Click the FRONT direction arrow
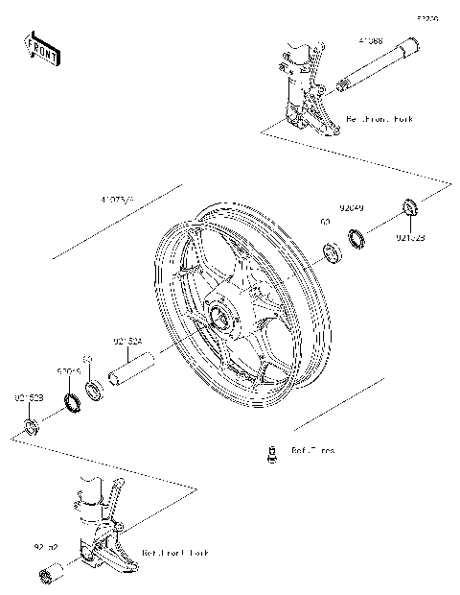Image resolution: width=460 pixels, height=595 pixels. click(x=42, y=47)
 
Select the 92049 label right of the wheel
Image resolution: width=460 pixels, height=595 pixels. click(x=351, y=206)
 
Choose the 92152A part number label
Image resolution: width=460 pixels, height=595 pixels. click(x=128, y=341)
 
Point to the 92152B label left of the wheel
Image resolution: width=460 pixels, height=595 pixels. click(x=28, y=395)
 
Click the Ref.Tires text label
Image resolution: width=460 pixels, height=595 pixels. click(x=313, y=450)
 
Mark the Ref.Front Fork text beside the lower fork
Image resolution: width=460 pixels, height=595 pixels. click(x=174, y=554)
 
